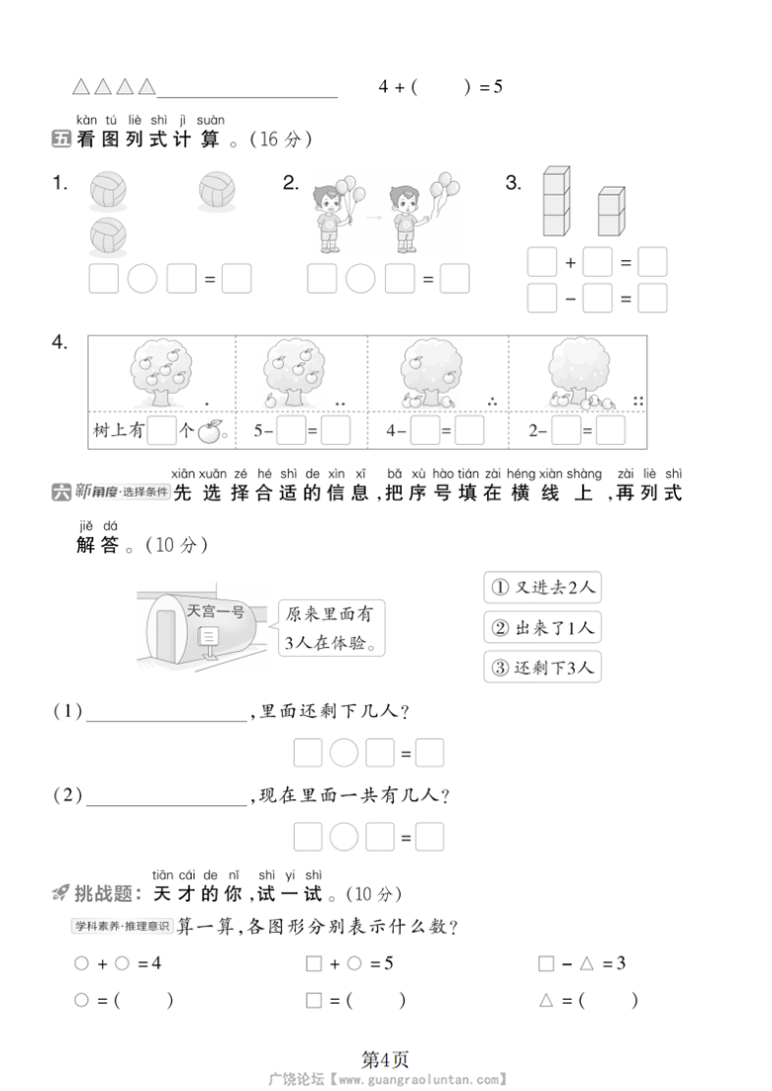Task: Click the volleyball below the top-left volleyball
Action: tap(108, 236)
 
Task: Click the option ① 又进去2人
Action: tap(542, 588)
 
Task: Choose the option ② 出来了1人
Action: tap(542, 628)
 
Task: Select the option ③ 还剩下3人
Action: tap(542, 668)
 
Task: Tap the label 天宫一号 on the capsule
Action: tap(215, 611)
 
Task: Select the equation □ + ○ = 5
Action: tap(349, 963)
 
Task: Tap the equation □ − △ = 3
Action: tap(581, 963)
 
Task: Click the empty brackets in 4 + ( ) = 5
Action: tap(439, 86)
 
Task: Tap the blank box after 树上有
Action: tap(161, 431)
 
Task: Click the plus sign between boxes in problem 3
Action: tap(570, 263)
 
